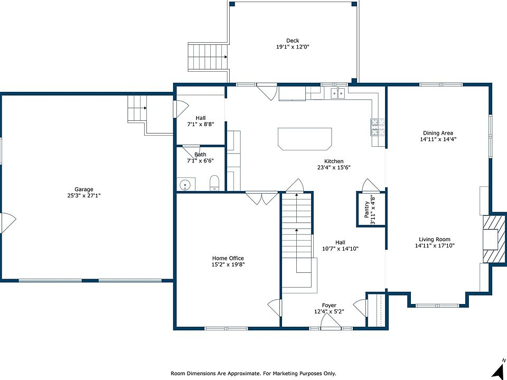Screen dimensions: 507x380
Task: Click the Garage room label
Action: pyautogui.click(x=84, y=189)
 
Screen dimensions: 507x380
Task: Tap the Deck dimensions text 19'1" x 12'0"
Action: pyautogui.click(x=292, y=47)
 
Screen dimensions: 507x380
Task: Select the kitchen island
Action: pyautogui.click(x=305, y=139)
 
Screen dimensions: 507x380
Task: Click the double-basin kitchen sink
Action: pyautogui.click(x=338, y=93)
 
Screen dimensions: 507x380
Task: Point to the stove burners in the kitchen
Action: pyautogui.click(x=377, y=127)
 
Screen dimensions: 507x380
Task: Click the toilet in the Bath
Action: pyautogui.click(x=214, y=183)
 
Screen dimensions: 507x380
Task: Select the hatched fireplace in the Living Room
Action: pyautogui.click(x=494, y=239)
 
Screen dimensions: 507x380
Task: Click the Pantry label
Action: pyautogui.click(x=367, y=210)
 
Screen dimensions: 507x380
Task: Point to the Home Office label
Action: pyautogui.click(x=228, y=258)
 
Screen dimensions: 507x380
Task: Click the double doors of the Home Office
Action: pyautogui.click(x=261, y=198)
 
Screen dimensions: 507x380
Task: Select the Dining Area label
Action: pyautogui.click(x=438, y=133)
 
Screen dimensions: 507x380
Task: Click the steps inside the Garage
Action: pyautogui.click(x=137, y=108)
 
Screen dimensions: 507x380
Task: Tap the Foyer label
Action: pyautogui.click(x=329, y=306)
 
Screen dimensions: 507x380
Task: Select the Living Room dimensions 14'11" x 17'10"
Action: pyautogui.click(x=435, y=245)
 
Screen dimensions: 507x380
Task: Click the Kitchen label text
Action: pyautogui.click(x=334, y=161)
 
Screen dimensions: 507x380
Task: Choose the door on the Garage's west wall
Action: pyautogui.click(x=8, y=223)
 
